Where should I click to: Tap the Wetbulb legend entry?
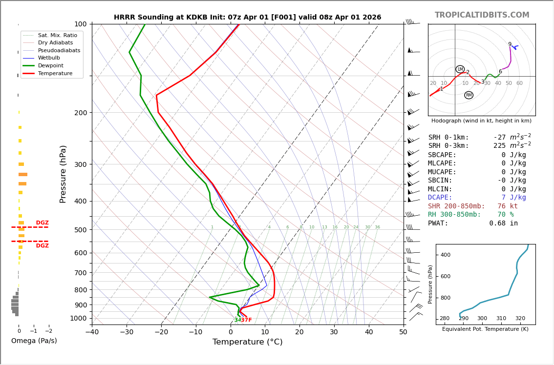(48, 58)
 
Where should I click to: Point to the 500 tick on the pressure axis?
(81, 230)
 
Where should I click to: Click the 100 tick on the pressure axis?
(81, 24)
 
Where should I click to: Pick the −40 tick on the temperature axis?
(92, 332)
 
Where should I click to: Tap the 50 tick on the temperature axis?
(403, 332)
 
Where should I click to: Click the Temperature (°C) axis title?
(247, 342)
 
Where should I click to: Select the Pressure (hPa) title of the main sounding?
(63, 174)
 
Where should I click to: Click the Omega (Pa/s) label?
(34, 341)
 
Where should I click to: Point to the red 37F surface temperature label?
(246, 320)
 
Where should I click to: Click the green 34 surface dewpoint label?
(237, 320)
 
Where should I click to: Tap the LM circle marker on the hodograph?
(460, 69)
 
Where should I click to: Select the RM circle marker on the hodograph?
(469, 95)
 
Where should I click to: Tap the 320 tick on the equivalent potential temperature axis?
(520, 319)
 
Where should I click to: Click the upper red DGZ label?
(42, 223)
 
